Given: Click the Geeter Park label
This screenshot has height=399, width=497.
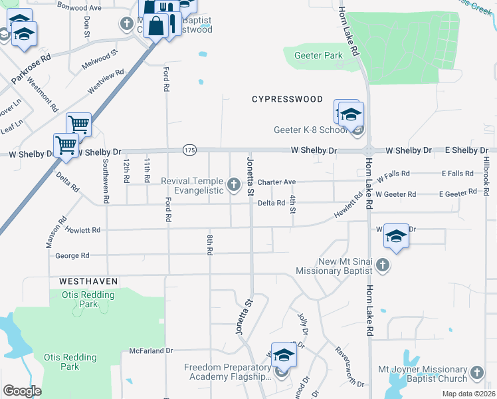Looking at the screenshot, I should [x=313, y=56].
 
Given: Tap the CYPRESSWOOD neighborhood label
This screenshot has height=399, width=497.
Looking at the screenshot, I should [x=287, y=99].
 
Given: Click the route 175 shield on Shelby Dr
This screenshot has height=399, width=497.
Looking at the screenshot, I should [x=190, y=150].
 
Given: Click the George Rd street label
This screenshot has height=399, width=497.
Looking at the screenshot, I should [x=72, y=255].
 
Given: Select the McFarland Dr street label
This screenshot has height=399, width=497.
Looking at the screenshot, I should [x=151, y=350].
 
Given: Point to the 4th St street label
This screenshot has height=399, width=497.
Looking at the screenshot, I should [x=292, y=205].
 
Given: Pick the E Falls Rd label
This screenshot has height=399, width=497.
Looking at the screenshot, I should [x=457, y=174].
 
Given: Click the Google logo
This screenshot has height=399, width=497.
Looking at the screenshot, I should [x=22, y=391].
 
